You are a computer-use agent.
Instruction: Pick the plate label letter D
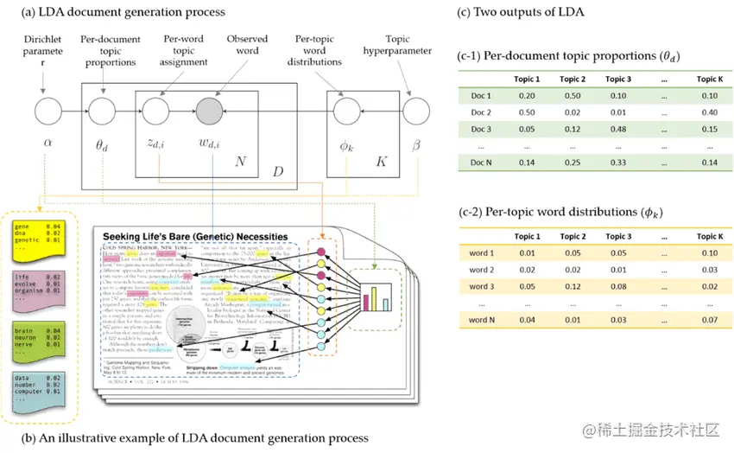pos(278,173)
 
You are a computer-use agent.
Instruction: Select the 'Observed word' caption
pos(247,45)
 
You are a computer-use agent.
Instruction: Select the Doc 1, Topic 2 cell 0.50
pos(573,96)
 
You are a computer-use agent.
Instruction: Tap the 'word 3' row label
pos(482,286)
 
